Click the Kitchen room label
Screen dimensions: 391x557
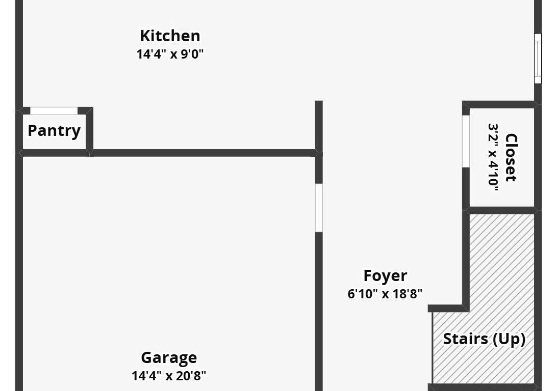(170, 36)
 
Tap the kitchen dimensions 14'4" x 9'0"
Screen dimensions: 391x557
(170, 54)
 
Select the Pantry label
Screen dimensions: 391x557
(54, 130)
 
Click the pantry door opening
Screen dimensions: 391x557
(54, 110)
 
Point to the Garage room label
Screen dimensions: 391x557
(169, 358)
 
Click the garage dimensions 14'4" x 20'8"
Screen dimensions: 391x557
(169, 376)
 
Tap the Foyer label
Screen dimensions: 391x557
(385, 276)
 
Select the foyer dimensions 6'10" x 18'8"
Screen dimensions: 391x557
(385, 294)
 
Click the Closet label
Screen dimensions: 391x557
(511, 158)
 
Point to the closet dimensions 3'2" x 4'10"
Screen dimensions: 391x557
(493, 158)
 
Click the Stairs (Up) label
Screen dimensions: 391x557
(484, 339)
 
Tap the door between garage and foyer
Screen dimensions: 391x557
(319, 208)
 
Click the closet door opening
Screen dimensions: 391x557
(466, 141)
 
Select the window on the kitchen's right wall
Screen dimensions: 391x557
(538, 58)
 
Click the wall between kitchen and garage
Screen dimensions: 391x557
(204, 153)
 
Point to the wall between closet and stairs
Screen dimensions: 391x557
(501, 210)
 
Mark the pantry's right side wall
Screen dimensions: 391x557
(89, 130)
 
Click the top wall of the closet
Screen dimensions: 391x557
(500, 104)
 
